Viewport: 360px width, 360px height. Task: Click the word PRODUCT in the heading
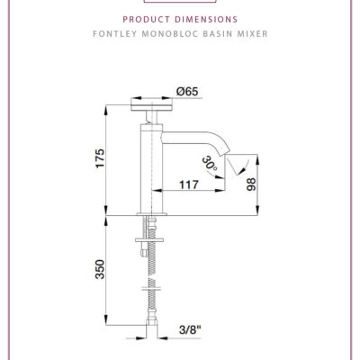pos(152,17)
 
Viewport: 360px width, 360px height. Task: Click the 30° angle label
pos(210,166)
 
